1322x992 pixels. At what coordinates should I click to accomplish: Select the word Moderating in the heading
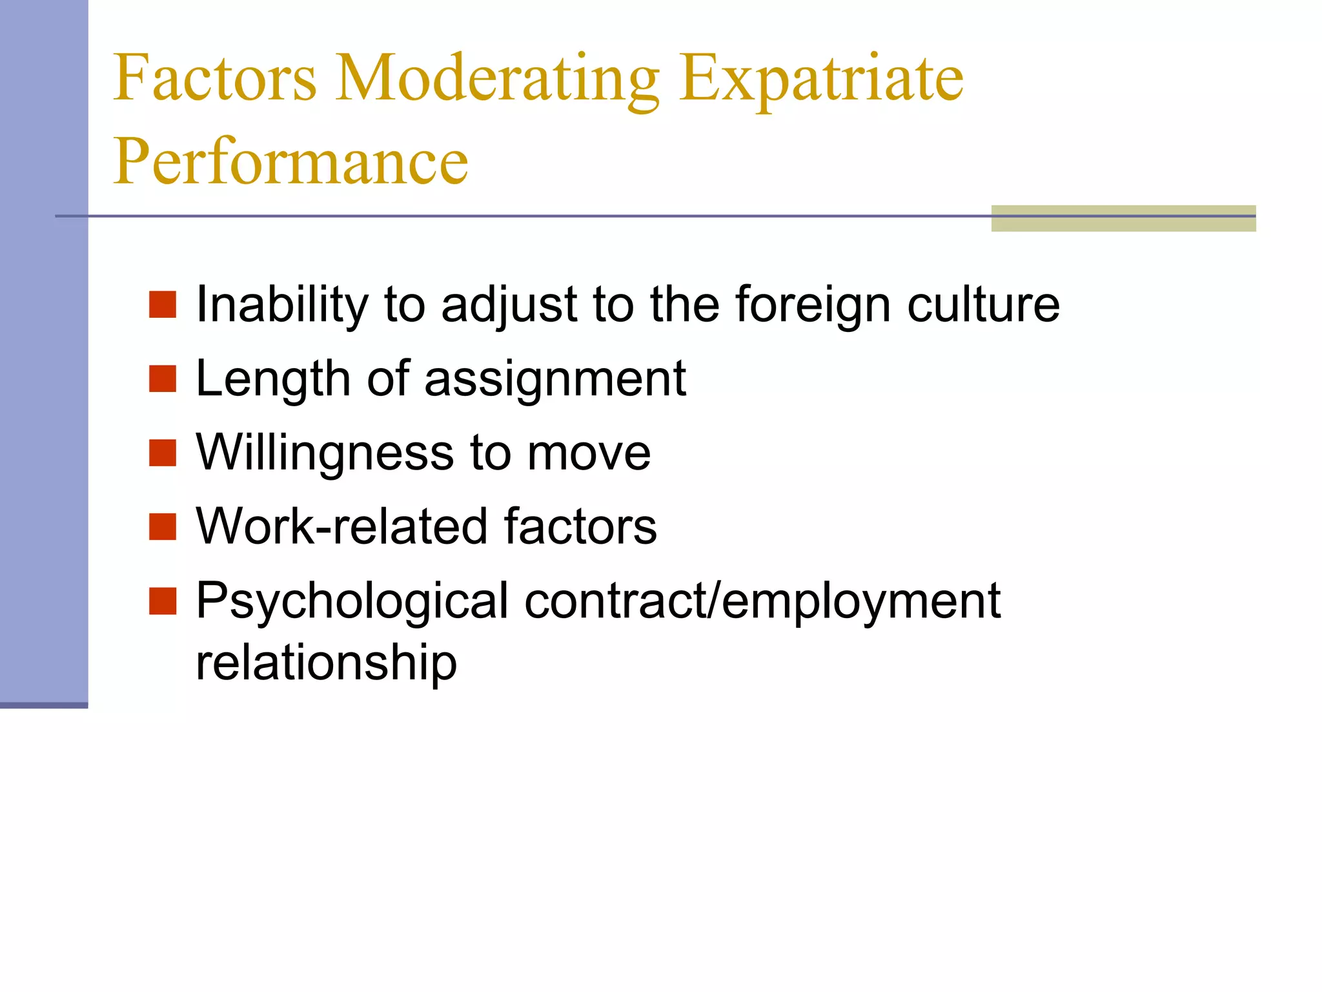pos(497,79)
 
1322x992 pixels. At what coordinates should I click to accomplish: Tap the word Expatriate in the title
pos(821,79)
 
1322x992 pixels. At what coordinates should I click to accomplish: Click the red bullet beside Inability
pos(163,305)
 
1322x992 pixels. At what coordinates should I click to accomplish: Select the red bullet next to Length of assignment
pos(163,379)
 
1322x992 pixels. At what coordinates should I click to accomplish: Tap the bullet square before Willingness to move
pos(163,453)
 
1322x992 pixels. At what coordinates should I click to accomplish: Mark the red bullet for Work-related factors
pos(163,527)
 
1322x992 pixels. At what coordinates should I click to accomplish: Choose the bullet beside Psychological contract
pos(163,601)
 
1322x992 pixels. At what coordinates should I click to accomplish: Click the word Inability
pos(281,305)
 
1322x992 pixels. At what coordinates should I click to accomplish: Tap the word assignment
pos(555,380)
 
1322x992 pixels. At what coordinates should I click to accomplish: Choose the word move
pos(589,453)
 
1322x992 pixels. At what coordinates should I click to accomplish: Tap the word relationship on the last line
pos(326,663)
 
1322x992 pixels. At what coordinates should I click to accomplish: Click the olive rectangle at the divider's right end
pos(1123,218)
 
